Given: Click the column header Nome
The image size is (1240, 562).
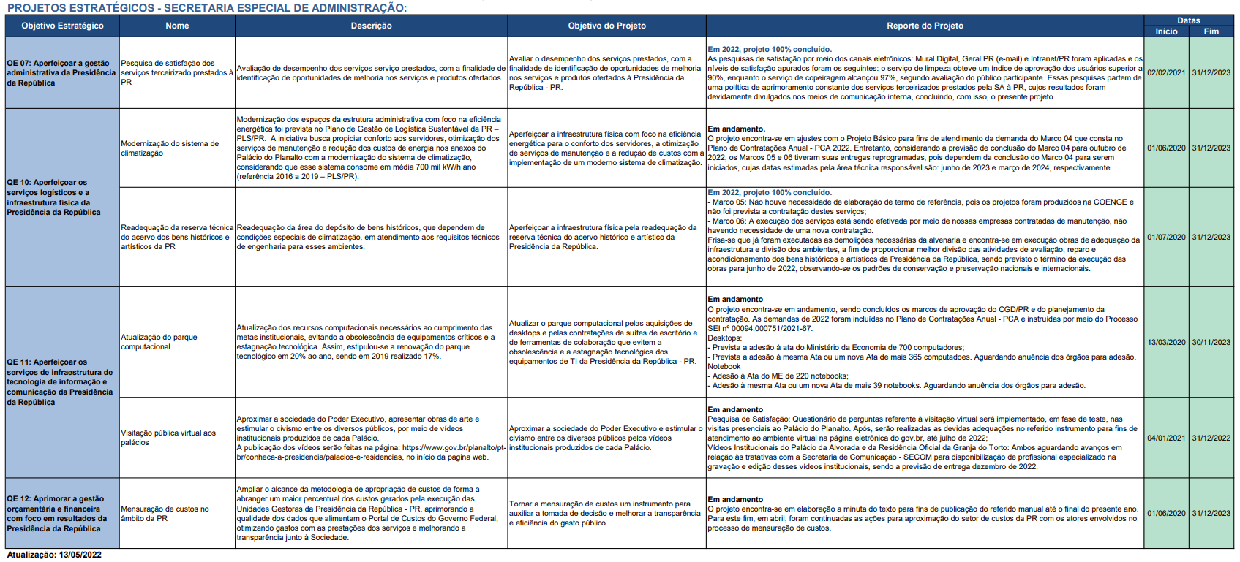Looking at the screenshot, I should (x=177, y=26).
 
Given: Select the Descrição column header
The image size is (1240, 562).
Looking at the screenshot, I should (x=371, y=26).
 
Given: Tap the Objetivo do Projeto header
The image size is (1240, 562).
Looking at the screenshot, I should (x=606, y=26).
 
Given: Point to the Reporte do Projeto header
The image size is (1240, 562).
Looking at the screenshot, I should (x=925, y=26).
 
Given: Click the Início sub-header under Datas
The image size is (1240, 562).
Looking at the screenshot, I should (x=1166, y=31).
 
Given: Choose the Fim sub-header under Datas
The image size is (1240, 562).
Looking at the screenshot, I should (x=1211, y=31).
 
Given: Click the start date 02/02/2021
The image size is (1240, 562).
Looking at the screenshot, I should (x=1166, y=73).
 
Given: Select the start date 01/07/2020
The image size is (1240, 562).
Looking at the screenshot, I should (x=1166, y=238).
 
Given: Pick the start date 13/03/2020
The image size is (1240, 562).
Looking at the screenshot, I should (x=1166, y=343).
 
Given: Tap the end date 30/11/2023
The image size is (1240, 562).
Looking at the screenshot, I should (x=1211, y=343).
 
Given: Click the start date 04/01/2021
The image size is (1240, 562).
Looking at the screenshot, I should (x=1166, y=438).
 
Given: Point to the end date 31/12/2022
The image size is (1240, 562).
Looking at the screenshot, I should (x=1211, y=438).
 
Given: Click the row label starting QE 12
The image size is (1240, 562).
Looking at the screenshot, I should (x=57, y=514).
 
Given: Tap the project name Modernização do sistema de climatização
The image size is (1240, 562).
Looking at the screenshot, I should (x=170, y=148).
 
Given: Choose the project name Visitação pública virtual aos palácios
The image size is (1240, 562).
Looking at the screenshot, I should (x=168, y=438).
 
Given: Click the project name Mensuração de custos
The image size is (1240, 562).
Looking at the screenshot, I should (x=165, y=514).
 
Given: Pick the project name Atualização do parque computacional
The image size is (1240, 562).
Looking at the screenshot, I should (x=159, y=342).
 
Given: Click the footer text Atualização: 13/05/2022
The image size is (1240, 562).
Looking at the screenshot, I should (x=54, y=555).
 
